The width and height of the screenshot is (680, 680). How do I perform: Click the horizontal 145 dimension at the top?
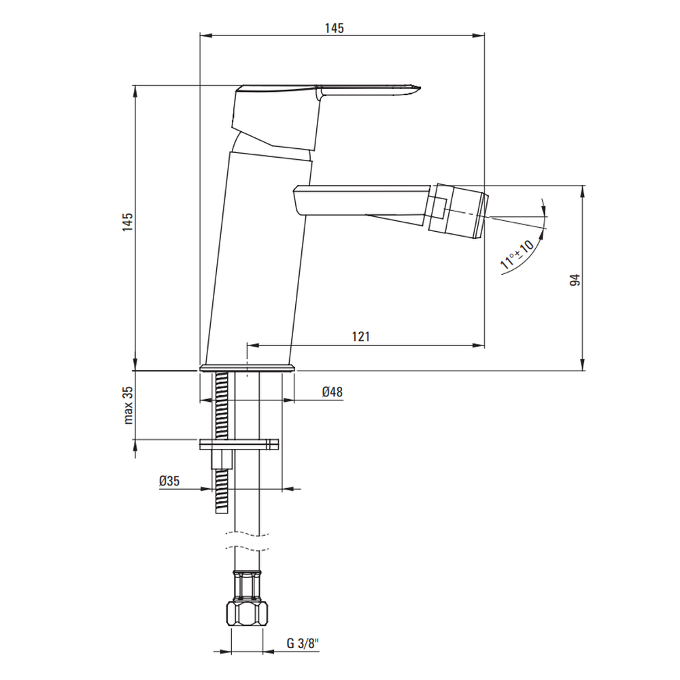(x=335, y=28)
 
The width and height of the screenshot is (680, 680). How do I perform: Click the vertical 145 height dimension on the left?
(x=127, y=222)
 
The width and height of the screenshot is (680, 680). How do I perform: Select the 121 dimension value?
(x=361, y=336)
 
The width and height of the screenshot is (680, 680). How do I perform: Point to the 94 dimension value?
(x=575, y=279)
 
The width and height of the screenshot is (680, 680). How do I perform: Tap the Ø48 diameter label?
(x=333, y=392)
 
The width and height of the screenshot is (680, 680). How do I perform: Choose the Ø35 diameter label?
(x=169, y=481)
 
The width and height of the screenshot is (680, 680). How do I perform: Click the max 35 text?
(x=129, y=405)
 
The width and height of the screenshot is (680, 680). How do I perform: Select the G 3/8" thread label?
(x=303, y=643)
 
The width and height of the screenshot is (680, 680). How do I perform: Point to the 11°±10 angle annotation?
(x=517, y=254)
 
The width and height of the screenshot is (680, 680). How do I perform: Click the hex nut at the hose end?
(x=248, y=613)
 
